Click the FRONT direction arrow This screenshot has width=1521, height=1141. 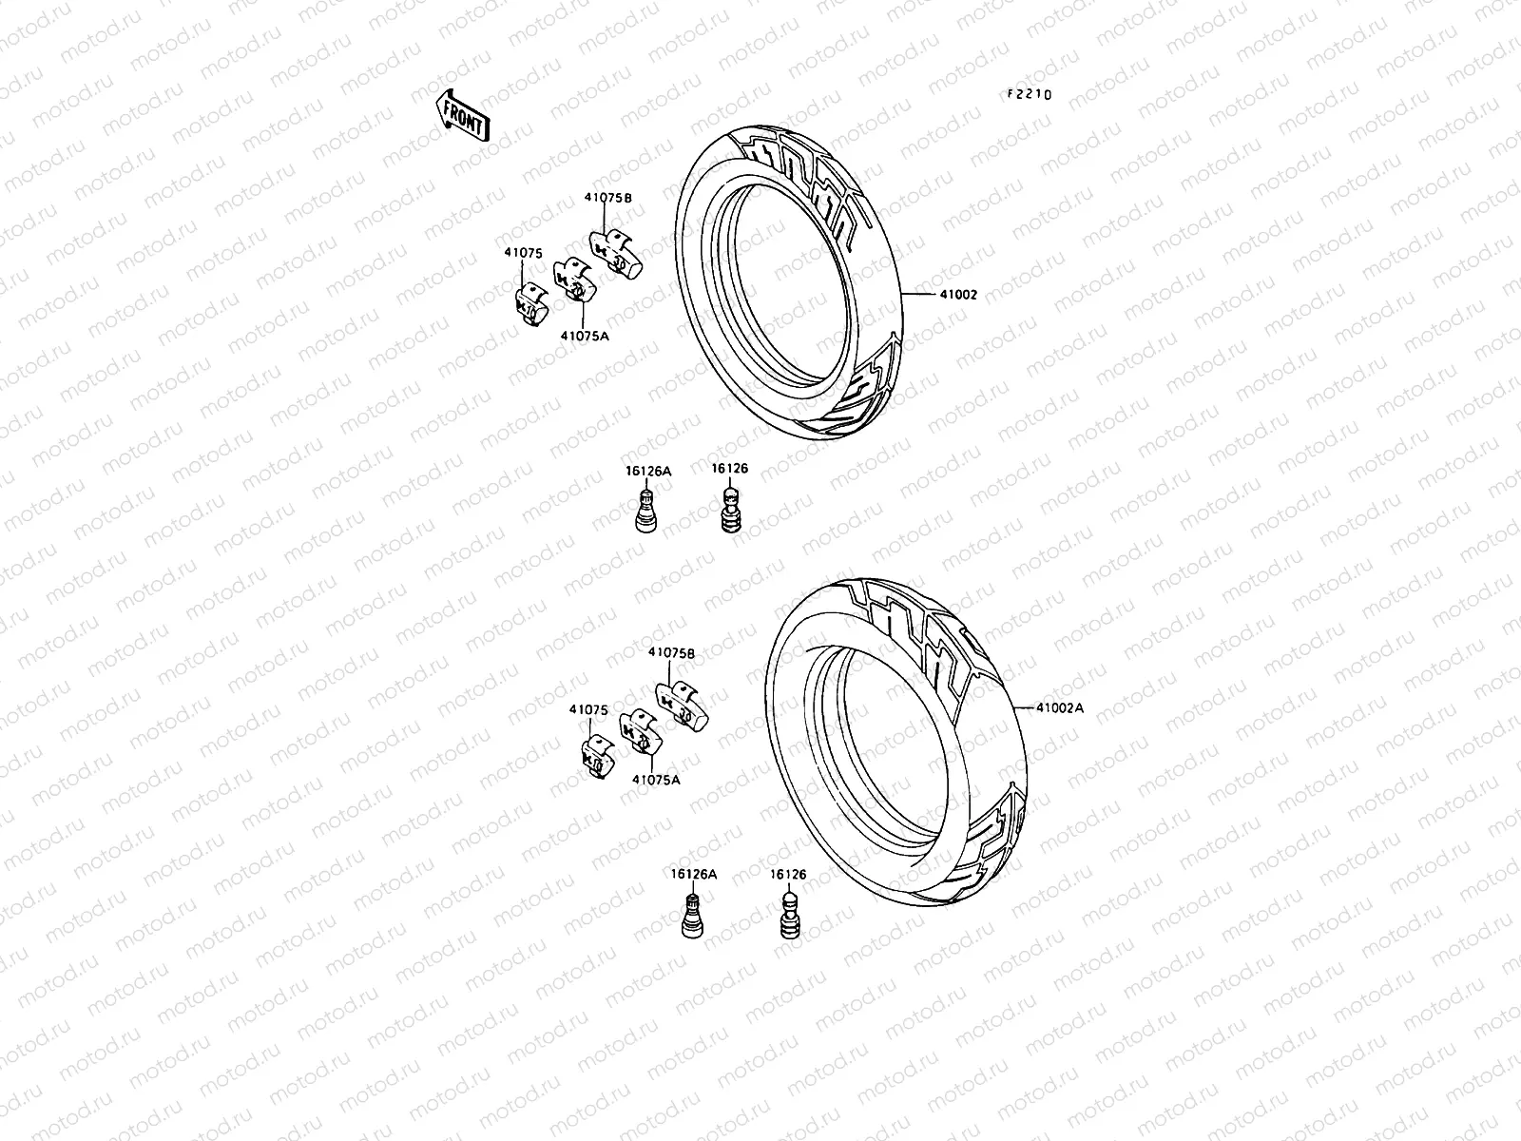(x=463, y=115)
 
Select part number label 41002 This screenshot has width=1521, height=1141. (x=958, y=295)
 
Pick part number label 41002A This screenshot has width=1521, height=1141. (x=1060, y=708)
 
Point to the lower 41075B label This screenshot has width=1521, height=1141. (x=671, y=653)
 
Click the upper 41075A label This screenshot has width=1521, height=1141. (x=584, y=336)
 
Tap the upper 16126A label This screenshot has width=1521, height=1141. (x=647, y=470)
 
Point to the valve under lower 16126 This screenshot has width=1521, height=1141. (x=790, y=914)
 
